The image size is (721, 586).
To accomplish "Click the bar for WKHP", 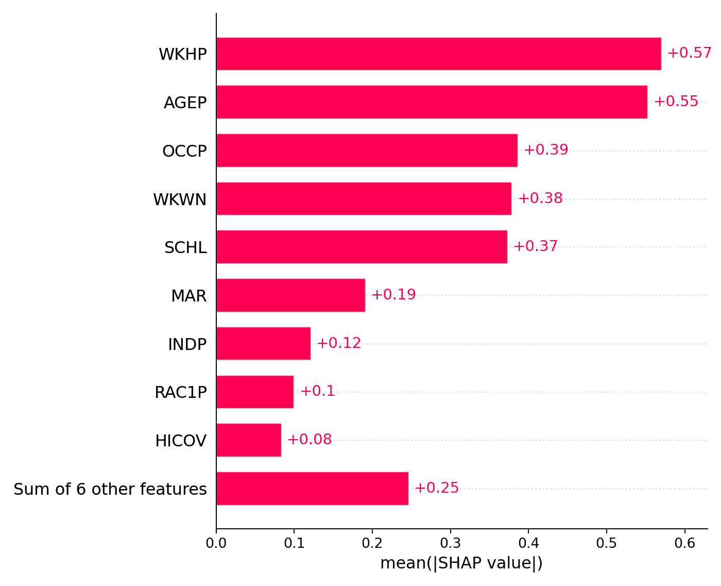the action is click(x=439, y=54).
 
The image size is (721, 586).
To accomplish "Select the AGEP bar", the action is click(x=432, y=102).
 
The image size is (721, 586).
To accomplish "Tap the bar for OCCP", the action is click(x=367, y=150).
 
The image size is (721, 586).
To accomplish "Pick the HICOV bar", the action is click(x=249, y=440).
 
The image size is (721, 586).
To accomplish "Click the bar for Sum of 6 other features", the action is click(x=312, y=489).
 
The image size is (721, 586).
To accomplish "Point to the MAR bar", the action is click(x=290, y=295).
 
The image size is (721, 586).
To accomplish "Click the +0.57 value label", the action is click(x=689, y=53).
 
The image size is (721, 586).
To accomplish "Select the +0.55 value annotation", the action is click(x=676, y=102).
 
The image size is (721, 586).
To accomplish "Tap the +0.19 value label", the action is click(x=393, y=295).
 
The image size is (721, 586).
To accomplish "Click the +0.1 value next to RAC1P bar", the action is click(x=317, y=391).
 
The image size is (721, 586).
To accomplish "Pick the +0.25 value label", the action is click(x=436, y=488).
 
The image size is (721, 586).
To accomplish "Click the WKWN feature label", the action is click(x=180, y=199).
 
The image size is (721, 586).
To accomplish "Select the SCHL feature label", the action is click(x=185, y=248).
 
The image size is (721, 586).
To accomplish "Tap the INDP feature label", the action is click(x=187, y=344).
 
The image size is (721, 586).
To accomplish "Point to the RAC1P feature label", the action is click(x=180, y=393).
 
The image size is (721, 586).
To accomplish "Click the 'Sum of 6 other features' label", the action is click(x=110, y=489).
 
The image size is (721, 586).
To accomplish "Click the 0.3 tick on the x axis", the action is click(x=450, y=543).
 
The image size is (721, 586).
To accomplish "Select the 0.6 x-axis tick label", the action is click(x=684, y=543).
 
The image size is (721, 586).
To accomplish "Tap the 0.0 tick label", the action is click(x=216, y=543).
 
